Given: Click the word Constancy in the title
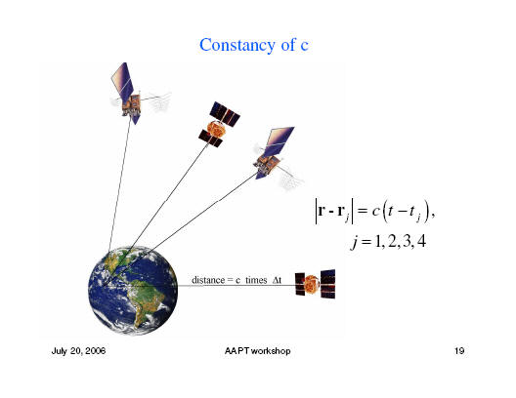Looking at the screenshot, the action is tap(236, 45).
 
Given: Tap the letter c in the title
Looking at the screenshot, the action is tap(304, 46).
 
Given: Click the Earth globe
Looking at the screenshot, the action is tap(133, 291).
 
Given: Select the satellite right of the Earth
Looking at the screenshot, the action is tap(316, 284).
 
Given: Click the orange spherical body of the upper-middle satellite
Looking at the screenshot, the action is tap(216, 129).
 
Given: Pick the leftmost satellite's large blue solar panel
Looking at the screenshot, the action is tap(122, 81).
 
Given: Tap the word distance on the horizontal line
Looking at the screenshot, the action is tap(208, 280).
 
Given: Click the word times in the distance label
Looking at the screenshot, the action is tap(256, 280).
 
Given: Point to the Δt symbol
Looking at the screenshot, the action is tap(277, 280).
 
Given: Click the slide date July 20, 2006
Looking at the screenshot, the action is tap(78, 351).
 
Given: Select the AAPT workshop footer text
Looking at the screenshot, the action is tap(257, 351).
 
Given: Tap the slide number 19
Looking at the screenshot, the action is tap(459, 351).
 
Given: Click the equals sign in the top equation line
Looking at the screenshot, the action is tap(362, 211).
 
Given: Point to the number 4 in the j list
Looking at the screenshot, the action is tap(421, 242).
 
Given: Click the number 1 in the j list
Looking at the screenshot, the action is tap(378, 242).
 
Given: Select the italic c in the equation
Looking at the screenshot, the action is tap(375, 211).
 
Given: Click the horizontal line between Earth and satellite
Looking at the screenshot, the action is tap(236, 286).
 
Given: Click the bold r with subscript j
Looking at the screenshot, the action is tap(343, 213).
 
